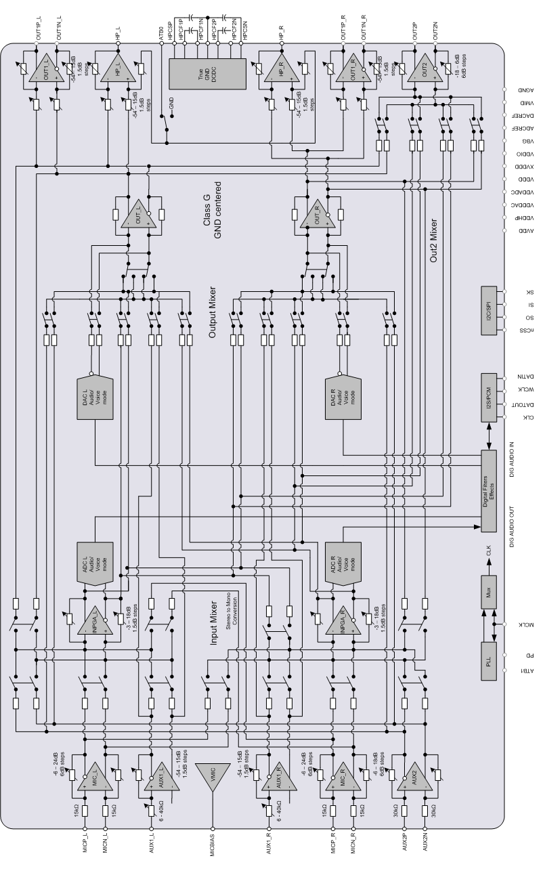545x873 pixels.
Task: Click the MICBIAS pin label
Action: click(213, 847)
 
